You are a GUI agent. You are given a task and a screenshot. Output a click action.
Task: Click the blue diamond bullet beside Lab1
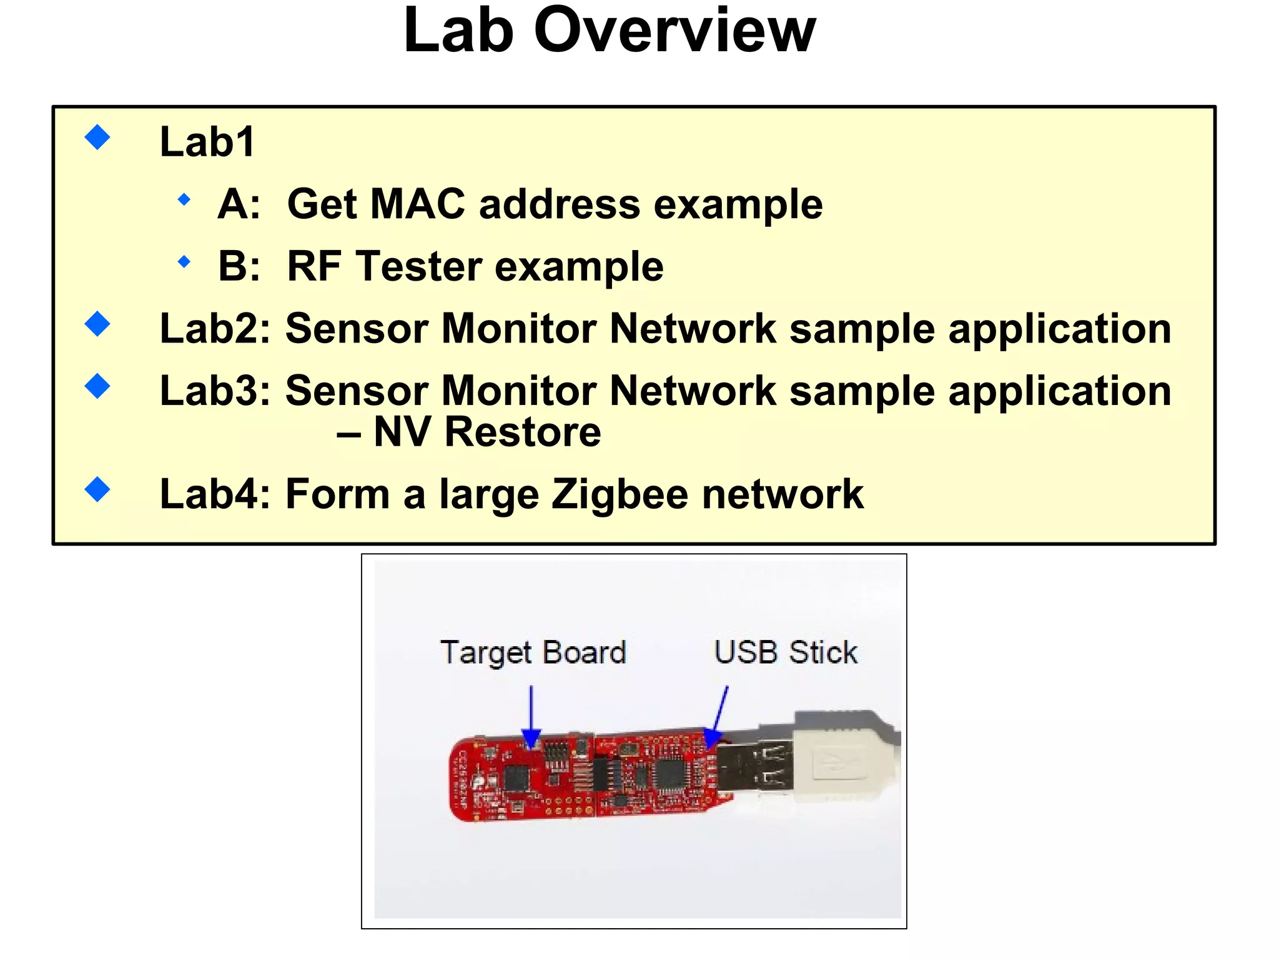[x=97, y=137]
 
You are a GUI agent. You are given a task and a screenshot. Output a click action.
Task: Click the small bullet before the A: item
[x=184, y=200]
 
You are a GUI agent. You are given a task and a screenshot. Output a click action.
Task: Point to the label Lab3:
[x=215, y=391]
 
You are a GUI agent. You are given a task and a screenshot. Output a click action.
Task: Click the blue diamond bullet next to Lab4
[x=97, y=489]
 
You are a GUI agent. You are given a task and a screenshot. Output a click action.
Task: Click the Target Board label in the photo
[x=533, y=652]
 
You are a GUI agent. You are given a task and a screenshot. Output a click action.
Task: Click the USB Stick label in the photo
[x=786, y=652]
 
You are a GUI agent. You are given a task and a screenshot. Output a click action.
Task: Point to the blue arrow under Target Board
[x=531, y=716]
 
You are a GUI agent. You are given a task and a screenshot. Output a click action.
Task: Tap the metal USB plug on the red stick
[x=753, y=766]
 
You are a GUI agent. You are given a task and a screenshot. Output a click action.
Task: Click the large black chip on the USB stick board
[x=670, y=774]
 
